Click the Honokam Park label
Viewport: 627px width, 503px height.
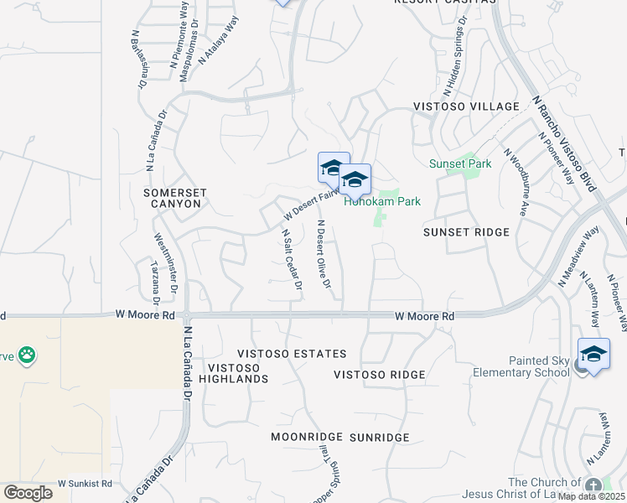382,201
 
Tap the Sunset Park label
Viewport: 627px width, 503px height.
460,163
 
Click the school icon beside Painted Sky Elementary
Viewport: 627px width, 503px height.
593,354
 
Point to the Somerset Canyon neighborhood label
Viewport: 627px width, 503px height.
173,198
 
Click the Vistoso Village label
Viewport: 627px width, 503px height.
466,106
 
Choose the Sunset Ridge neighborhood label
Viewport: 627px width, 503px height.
466,231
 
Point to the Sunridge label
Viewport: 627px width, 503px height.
379,438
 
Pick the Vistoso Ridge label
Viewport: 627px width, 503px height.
380,374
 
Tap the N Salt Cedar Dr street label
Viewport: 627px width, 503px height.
292,260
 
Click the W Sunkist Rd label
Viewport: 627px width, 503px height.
85,484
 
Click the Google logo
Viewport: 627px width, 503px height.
28,493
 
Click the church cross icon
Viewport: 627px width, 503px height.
593,485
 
